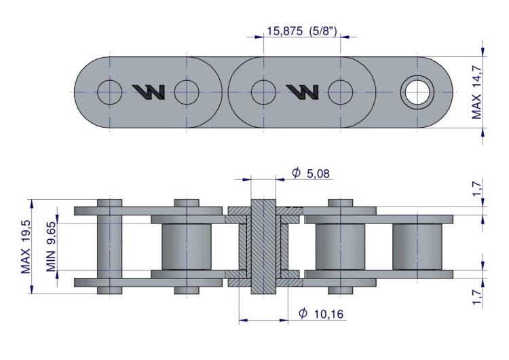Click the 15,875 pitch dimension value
click(284, 31)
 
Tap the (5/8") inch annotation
click(322, 31)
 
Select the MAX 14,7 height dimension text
click(476, 92)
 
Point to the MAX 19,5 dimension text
click(25, 247)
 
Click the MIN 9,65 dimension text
click(51, 247)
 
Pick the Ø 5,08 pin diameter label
click(311, 173)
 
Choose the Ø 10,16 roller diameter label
click(321, 314)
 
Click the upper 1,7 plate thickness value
click(476, 189)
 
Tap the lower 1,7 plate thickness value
click(476, 298)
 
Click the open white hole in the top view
click(417, 92)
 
